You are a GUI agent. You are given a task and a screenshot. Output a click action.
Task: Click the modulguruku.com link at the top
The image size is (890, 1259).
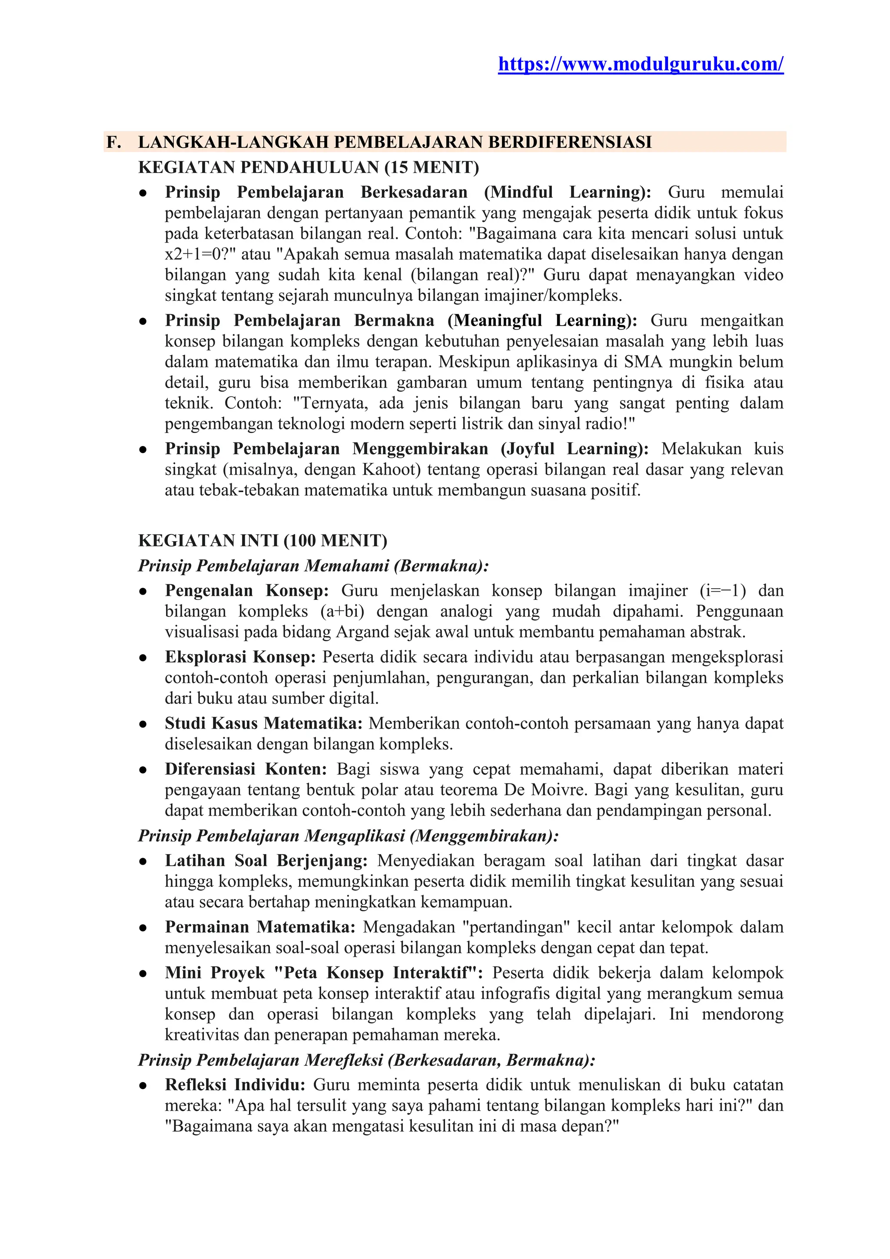coord(640,65)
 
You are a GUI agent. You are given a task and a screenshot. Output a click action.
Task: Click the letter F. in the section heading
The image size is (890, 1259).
coord(113,142)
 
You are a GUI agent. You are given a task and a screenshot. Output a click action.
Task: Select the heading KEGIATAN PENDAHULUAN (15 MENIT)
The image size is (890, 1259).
coord(309,167)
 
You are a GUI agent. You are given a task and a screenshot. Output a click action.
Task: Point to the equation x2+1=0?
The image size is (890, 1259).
coord(201,254)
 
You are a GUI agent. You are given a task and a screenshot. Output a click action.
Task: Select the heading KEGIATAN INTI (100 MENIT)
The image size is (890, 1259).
coord(262,541)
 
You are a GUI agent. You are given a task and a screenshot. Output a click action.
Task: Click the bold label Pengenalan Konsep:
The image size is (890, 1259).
coord(246,590)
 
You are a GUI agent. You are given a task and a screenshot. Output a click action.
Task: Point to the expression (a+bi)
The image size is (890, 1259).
coord(342,611)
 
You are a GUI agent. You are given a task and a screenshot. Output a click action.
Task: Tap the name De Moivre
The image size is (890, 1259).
coord(552,790)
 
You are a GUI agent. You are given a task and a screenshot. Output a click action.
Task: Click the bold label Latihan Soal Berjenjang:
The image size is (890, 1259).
coord(266,861)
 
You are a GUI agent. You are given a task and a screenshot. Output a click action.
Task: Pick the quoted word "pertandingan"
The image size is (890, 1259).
coord(516,927)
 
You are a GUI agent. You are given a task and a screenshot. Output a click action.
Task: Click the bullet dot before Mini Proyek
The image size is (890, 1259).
coord(143,974)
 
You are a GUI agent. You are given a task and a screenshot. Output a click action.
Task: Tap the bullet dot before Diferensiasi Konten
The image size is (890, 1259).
coord(143,770)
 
